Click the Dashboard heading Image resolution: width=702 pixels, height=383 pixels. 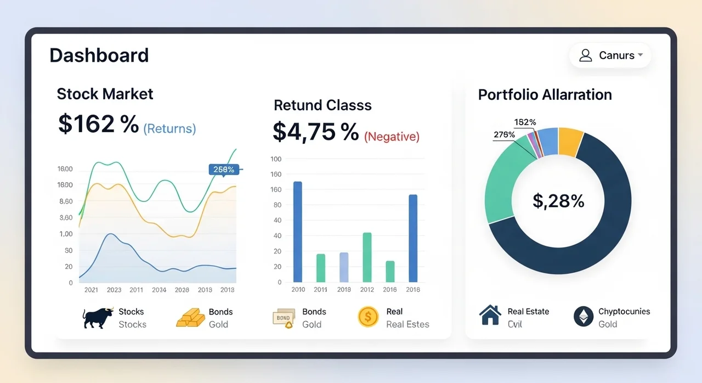pos(99,55)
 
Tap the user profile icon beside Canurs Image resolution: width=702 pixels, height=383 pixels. pos(585,55)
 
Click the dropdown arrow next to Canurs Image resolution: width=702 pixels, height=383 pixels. pos(640,55)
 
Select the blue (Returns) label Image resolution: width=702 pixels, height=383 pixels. pos(169,128)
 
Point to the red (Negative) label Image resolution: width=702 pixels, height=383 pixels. pos(392,136)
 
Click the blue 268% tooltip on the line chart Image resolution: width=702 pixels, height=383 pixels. pos(224,170)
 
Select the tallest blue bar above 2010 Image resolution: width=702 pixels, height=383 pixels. pos(298,232)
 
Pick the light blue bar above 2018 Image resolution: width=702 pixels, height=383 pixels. pos(344,267)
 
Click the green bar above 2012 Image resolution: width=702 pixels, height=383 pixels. pos(367,257)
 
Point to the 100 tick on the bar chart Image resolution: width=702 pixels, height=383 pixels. pos(276,159)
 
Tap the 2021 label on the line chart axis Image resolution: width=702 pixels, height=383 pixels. pos(91,290)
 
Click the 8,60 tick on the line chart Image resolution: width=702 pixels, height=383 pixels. pos(66,201)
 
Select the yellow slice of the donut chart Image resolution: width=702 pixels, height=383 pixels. pos(570,142)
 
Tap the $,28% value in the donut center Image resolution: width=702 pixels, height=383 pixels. pos(558,201)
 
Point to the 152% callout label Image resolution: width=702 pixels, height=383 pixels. pos(525,122)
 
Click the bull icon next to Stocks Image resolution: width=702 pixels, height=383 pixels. pos(98,318)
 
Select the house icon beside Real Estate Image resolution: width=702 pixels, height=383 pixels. pos(490,315)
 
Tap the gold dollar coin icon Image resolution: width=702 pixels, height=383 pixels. pos(368,317)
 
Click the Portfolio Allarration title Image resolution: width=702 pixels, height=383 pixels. pos(545,95)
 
